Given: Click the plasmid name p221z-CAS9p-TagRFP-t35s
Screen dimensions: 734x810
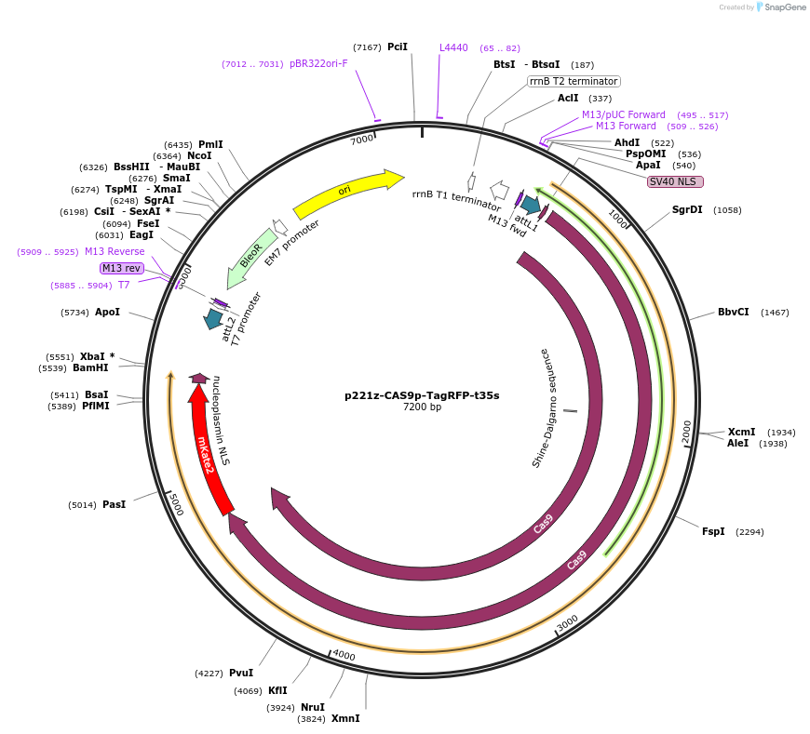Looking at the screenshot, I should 422,395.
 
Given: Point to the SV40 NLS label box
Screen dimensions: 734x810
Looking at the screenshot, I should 675,181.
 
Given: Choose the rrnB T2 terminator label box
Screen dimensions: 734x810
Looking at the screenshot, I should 574,81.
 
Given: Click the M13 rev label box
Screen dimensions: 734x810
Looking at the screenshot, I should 121,268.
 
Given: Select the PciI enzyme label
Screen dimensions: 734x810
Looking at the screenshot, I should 398,47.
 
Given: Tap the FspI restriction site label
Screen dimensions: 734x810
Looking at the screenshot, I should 713,531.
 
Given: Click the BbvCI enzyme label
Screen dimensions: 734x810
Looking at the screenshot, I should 733,312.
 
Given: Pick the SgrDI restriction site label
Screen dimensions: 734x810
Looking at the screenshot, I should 687,209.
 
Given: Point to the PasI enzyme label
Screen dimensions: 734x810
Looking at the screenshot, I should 114,504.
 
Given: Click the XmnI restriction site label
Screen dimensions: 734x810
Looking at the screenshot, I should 345,718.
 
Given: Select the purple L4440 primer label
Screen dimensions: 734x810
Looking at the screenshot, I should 453,47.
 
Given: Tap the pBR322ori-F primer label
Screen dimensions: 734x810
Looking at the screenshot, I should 318,63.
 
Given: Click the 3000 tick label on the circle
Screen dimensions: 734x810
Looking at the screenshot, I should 567,622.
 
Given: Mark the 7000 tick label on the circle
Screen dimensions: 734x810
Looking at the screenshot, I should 361,140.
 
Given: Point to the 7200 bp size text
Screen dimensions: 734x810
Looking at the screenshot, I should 422,407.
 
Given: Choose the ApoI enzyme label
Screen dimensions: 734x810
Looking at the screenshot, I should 107,312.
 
